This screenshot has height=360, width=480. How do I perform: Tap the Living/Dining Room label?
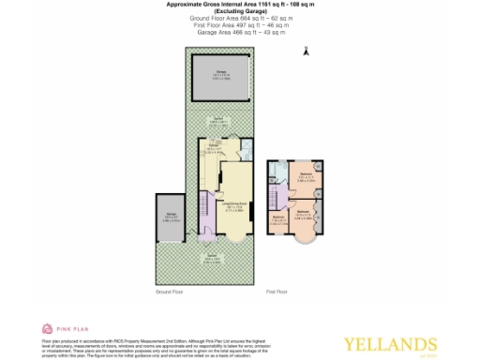(234, 203)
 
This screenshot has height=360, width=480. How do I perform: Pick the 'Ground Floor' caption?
(169, 292)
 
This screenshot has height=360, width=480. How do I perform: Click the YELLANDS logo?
(405, 343)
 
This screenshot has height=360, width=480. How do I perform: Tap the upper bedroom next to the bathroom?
(306, 179)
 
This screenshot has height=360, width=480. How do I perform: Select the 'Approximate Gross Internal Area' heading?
(239, 6)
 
